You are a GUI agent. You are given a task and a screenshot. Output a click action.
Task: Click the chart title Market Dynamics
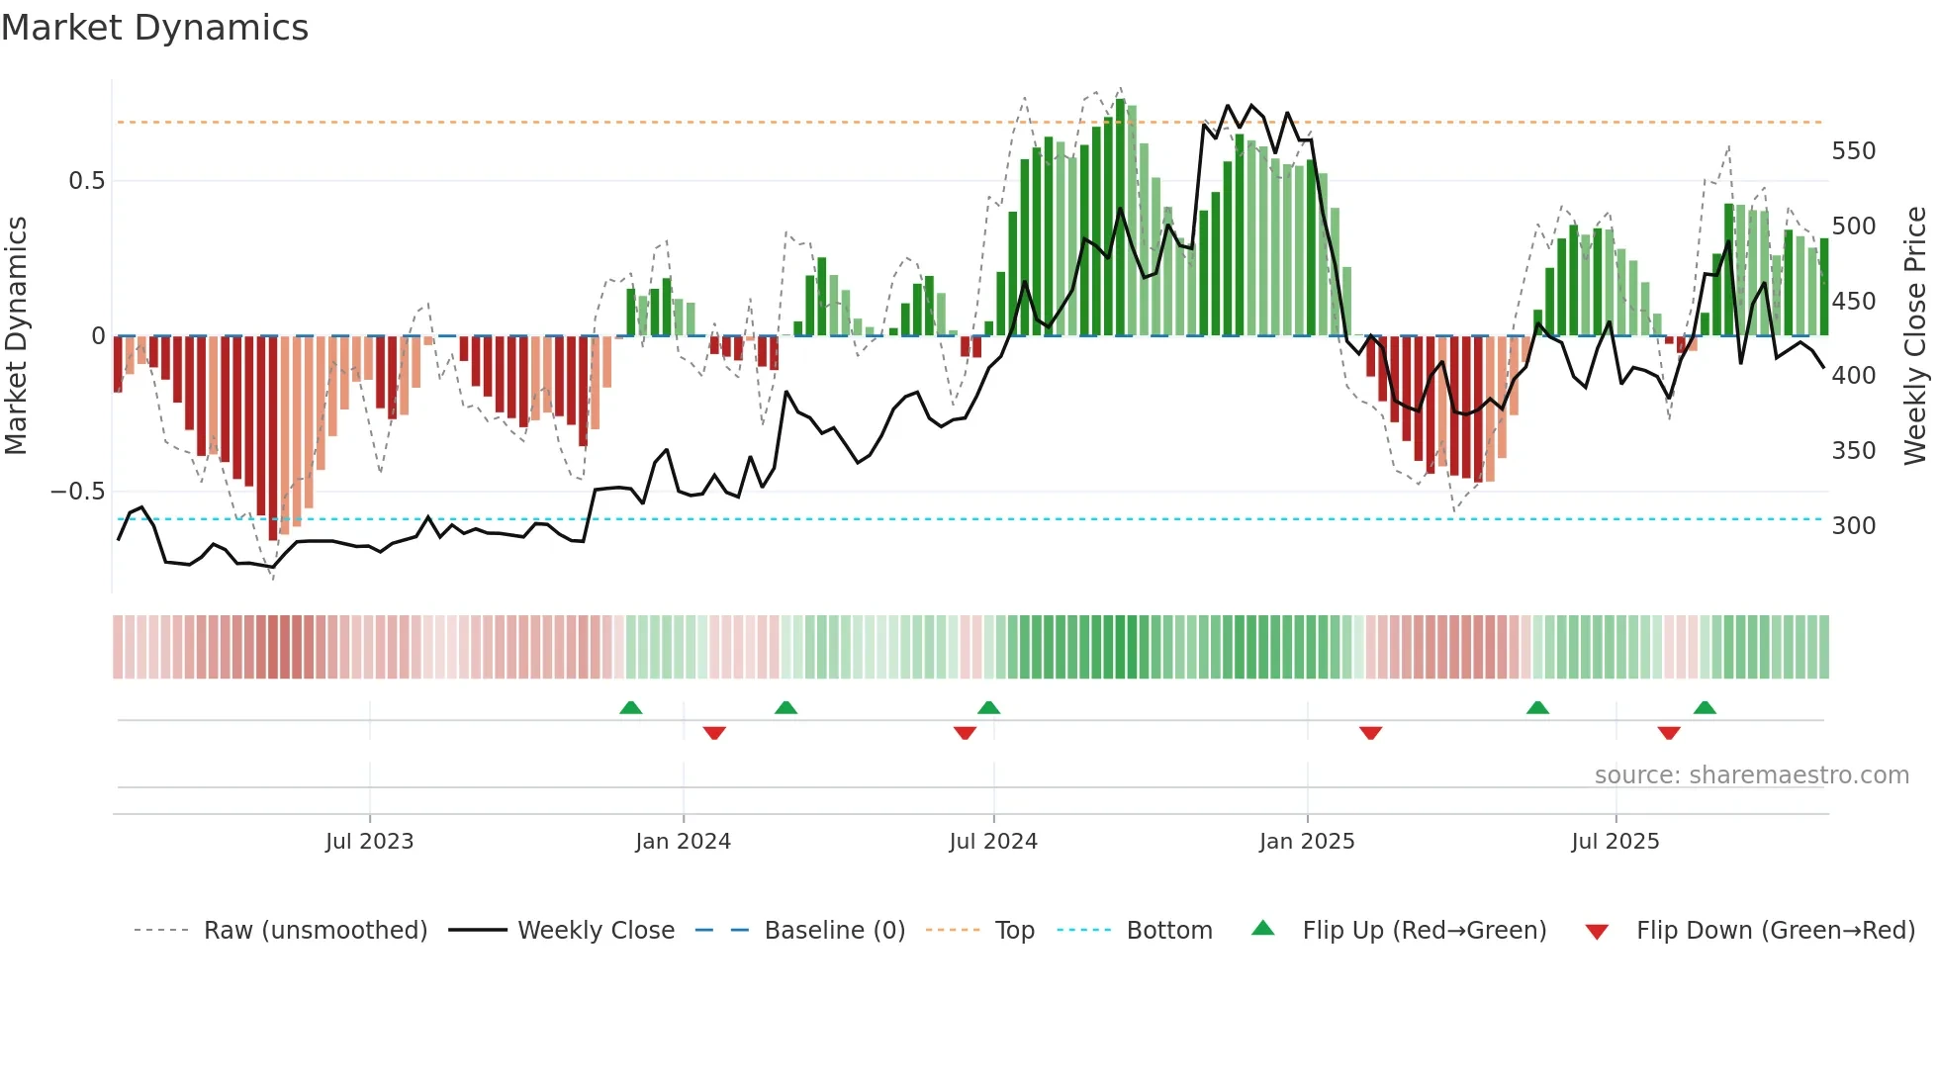click(154, 28)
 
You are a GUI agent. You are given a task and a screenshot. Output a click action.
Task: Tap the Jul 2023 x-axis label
click(369, 841)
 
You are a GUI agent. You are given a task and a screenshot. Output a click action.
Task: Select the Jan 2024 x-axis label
click(683, 841)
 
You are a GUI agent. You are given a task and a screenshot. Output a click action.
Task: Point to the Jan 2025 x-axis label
click(1307, 841)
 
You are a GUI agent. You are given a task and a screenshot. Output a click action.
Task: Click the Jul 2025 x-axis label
click(1616, 841)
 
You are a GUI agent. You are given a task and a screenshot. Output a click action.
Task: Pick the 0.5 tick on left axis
click(86, 181)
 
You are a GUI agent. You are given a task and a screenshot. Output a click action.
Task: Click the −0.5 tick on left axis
click(77, 492)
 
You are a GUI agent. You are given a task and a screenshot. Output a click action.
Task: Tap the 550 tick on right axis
click(1853, 151)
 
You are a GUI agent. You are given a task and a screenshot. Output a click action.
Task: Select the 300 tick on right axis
click(1853, 525)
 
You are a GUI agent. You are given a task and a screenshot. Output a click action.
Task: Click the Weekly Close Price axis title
click(1915, 336)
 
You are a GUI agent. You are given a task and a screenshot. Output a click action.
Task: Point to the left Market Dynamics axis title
click(16, 336)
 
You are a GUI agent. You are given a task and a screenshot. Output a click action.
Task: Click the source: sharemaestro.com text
click(1751, 774)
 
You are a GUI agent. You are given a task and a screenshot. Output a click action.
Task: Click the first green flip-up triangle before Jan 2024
click(630, 707)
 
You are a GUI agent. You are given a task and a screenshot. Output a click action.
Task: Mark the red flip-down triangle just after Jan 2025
click(1370, 733)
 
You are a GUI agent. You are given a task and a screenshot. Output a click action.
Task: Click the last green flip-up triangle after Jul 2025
click(1705, 707)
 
